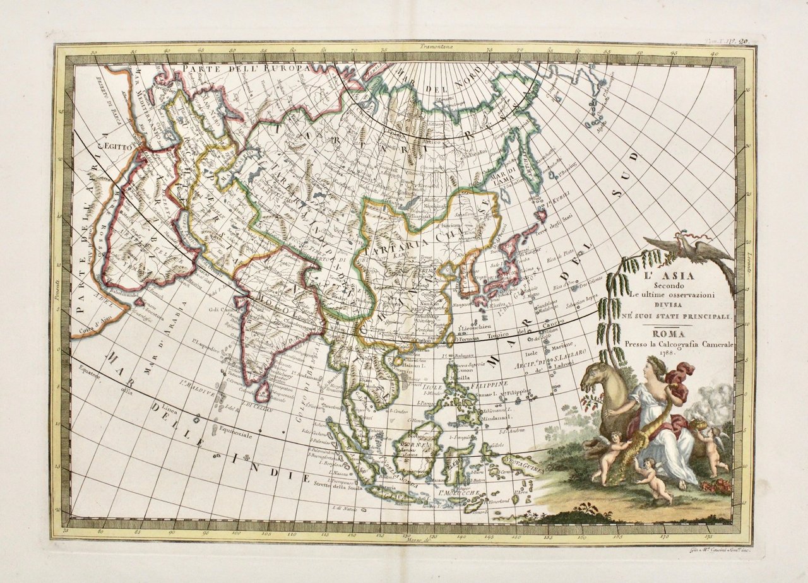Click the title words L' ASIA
(x=658, y=276)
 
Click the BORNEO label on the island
(x=411, y=446)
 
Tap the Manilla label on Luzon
(x=460, y=377)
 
